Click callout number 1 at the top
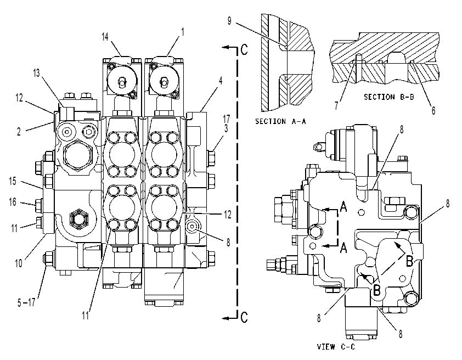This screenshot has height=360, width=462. click(183, 32)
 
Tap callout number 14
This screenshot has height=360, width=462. click(105, 37)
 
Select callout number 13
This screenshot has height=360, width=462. click(36, 73)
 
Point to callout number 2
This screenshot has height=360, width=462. click(19, 132)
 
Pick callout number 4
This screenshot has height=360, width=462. click(221, 81)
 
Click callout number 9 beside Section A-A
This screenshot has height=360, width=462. click(229, 21)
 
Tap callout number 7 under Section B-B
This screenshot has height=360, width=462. click(336, 105)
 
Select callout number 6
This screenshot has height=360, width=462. click(433, 110)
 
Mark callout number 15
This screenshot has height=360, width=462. click(13, 181)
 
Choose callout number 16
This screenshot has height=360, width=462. click(13, 202)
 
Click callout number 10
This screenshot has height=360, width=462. click(19, 263)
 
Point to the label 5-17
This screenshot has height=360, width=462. click(26, 302)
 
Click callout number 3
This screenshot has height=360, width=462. click(226, 129)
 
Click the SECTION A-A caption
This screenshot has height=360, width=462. click(280, 121)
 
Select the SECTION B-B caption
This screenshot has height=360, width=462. click(389, 97)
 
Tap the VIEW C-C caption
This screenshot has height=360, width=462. click(336, 347)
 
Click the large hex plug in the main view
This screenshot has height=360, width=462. click(78, 155)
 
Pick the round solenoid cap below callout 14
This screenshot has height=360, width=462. click(122, 80)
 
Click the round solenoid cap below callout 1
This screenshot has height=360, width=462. click(164, 80)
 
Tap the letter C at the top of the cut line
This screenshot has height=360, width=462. click(244, 49)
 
